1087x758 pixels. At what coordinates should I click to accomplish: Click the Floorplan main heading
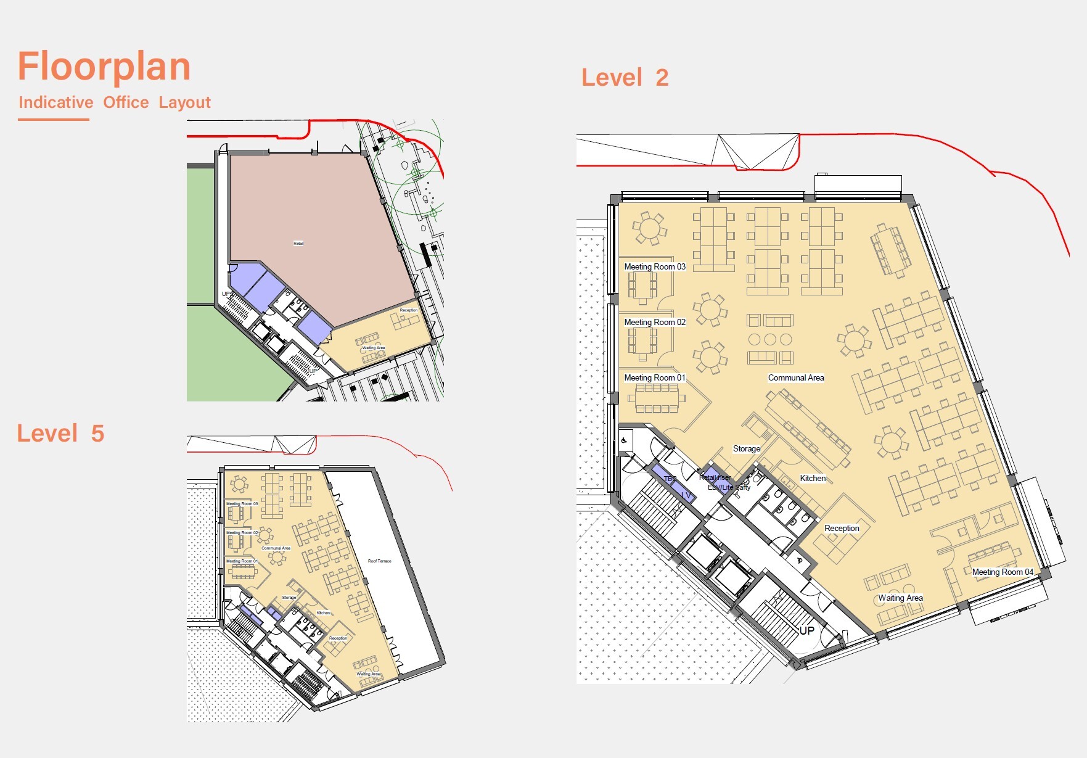(104, 67)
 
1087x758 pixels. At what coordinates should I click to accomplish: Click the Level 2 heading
(625, 78)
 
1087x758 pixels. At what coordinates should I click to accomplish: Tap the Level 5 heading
(60, 434)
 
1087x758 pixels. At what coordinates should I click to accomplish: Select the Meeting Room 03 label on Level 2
(654, 267)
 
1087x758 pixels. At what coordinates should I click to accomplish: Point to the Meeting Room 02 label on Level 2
(654, 323)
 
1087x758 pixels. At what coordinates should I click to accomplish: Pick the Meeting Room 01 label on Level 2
(654, 378)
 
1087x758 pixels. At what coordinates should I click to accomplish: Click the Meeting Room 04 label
(1002, 572)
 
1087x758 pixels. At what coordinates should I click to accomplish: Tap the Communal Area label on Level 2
(795, 378)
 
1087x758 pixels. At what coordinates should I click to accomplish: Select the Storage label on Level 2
(746, 449)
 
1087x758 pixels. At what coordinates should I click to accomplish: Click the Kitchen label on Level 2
(813, 479)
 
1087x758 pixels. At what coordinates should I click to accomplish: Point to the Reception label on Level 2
(842, 529)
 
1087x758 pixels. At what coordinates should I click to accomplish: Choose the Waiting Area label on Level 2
(900, 598)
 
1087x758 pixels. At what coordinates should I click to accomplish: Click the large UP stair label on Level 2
(806, 631)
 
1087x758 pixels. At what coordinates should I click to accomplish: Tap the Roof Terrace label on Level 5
(379, 561)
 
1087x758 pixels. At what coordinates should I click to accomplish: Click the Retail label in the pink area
(298, 244)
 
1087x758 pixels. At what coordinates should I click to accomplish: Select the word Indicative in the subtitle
(56, 102)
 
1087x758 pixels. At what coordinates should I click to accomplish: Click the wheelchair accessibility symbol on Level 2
(624, 440)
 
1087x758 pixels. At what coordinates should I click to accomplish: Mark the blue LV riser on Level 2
(685, 495)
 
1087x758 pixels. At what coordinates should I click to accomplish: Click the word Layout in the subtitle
(184, 102)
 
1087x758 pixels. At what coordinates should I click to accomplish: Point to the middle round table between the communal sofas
(770, 339)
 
